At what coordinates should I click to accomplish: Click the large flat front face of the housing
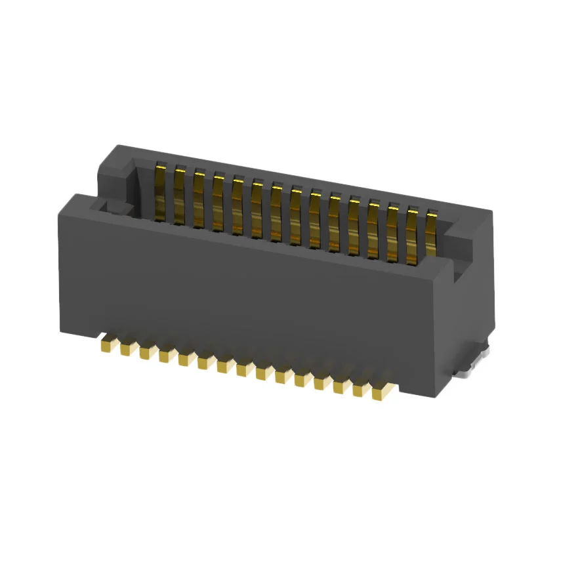click(x=249, y=295)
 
